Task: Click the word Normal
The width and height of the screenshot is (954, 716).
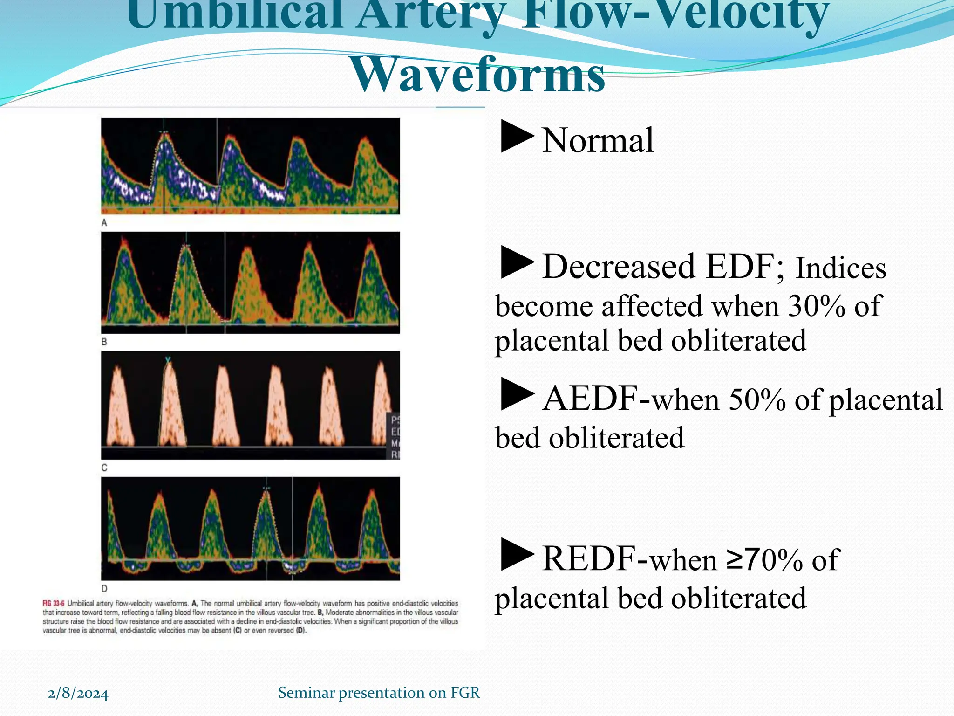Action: point(598,140)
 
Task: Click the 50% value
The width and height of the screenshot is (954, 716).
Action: point(756,400)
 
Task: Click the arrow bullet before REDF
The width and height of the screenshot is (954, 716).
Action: point(517,554)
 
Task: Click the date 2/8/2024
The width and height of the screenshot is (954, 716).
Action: point(78,694)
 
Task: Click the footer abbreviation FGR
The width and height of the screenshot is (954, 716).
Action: point(465,693)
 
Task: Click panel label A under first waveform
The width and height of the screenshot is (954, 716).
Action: point(104,223)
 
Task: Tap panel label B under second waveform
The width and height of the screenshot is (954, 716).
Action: point(104,342)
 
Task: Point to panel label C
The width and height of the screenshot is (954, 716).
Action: point(104,468)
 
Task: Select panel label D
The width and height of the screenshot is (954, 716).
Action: point(104,588)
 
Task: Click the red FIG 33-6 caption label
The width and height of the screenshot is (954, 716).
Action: point(54,604)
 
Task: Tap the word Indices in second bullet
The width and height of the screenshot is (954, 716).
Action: point(841,269)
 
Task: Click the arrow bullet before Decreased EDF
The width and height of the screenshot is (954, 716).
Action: point(517,263)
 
